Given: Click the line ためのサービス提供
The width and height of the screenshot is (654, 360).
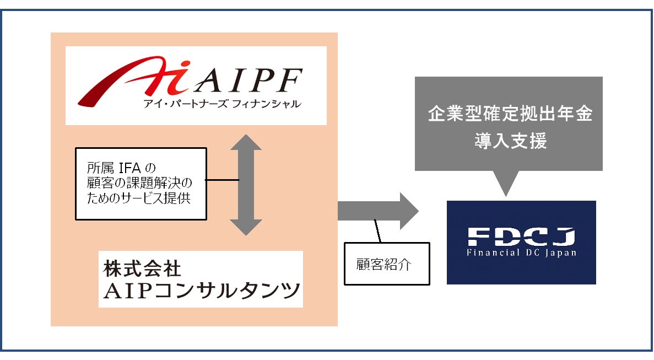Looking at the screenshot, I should pos(138,197).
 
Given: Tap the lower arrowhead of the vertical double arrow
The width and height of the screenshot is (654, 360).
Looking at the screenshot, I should pos(246,227).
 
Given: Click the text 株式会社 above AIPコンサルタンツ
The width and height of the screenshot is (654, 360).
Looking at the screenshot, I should pos(142,268).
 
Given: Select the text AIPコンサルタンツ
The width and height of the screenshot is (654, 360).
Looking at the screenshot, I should pos(201,290).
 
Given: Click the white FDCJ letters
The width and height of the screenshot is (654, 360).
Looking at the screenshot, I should pos(521,237).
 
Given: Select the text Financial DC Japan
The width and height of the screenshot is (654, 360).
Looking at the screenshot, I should pos(521,253).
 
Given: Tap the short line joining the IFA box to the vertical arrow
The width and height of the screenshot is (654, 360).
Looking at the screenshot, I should pos(223,180).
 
